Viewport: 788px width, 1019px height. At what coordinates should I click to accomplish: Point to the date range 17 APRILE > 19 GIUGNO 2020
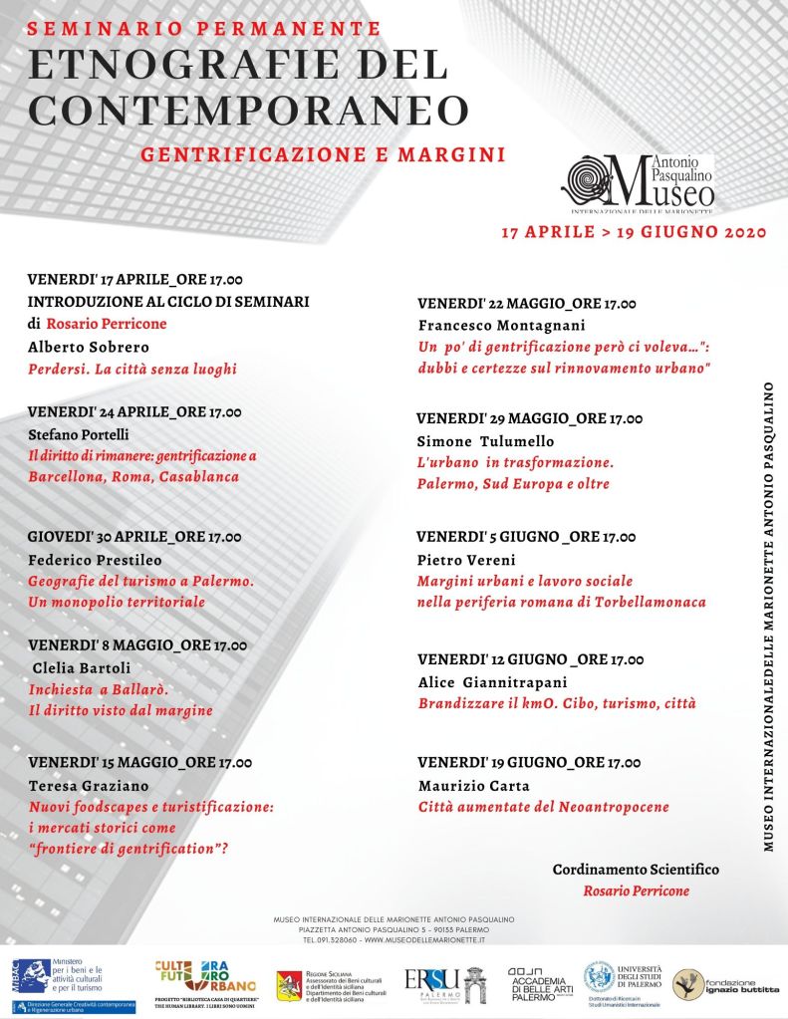click(x=634, y=232)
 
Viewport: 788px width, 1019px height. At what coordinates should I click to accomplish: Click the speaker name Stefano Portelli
click(x=80, y=433)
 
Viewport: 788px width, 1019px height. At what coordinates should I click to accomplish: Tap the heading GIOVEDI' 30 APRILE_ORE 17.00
click(x=134, y=536)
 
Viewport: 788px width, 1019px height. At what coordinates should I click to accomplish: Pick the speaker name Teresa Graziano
click(x=83, y=785)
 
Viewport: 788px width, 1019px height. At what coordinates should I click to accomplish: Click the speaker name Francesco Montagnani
click(x=500, y=326)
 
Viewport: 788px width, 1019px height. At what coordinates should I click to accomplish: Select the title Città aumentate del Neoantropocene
click(x=543, y=806)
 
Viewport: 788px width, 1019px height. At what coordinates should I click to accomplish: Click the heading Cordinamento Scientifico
click(x=636, y=870)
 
